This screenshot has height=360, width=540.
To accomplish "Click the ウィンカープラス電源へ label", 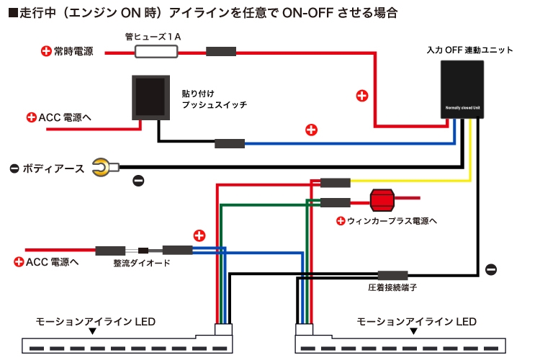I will click(392, 220).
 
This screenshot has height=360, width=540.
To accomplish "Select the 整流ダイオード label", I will click(142, 264).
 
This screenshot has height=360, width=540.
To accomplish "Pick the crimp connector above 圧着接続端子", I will click(393, 275).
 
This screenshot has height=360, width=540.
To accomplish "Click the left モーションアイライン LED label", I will click(96, 321).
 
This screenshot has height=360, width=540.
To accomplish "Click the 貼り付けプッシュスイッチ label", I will click(214, 99).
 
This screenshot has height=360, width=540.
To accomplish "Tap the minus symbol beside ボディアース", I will click(14, 168).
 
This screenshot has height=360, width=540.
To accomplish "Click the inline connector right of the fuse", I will click(221, 52).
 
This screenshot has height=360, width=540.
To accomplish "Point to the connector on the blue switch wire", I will click(230, 143).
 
